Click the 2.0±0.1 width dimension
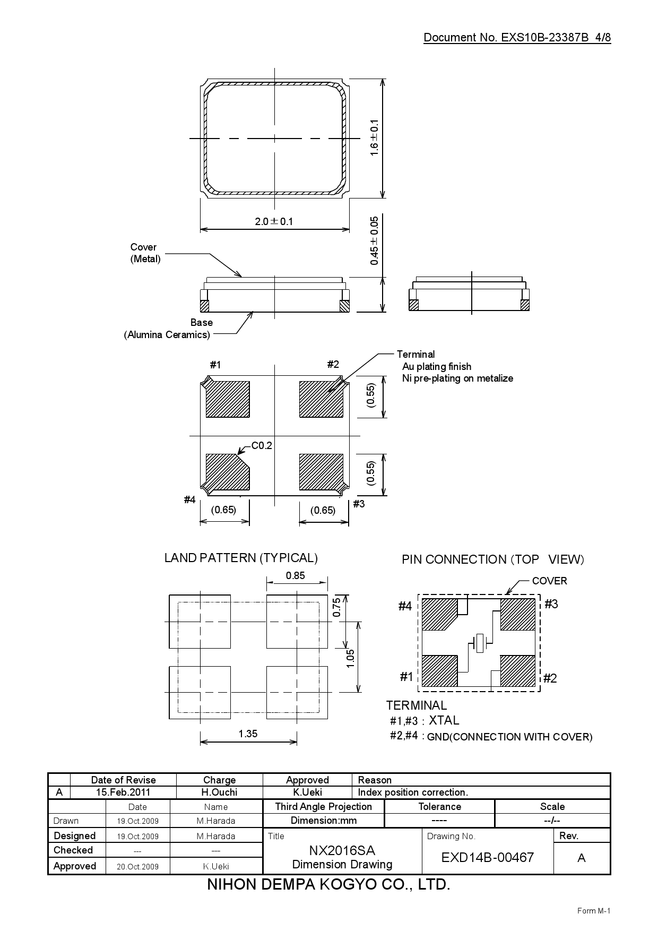(x=274, y=221)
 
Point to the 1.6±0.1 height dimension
(x=375, y=137)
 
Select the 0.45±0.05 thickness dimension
(x=375, y=240)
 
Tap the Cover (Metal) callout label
(x=144, y=253)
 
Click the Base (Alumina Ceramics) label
(x=168, y=329)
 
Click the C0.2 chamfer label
(x=261, y=446)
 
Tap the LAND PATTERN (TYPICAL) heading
(x=241, y=558)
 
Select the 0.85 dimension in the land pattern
(x=296, y=575)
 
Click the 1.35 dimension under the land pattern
(x=248, y=734)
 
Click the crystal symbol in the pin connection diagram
(x=480, y=643)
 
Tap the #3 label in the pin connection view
(x=551, y=604)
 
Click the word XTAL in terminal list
(x=444, y=720)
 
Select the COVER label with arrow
(x=549, y=581)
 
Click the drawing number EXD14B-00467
(x=487, y=858)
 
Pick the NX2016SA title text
(x=342, y=851)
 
